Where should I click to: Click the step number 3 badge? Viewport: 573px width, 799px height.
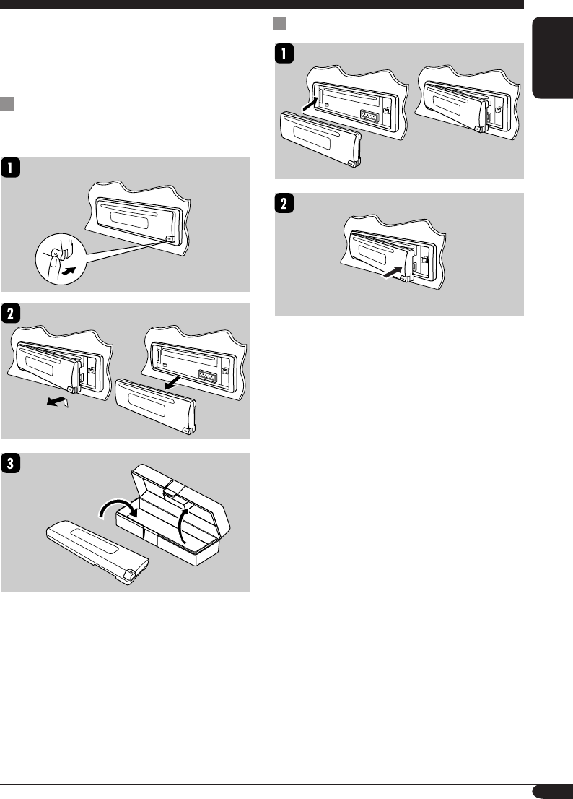[11, 464]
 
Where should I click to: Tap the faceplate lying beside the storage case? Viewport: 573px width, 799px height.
[97, 553]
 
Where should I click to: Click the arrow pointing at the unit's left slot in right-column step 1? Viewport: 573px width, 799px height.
[310, 105]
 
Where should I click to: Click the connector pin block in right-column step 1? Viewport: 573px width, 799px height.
[369, 116]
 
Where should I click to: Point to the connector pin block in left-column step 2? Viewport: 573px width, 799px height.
[207, 376]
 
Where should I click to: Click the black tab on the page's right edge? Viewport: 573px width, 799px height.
[552, 58]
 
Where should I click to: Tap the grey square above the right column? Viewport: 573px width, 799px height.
[279, 23]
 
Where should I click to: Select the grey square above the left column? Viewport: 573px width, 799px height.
[6, 103]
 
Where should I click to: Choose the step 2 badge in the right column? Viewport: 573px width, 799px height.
[284, 204]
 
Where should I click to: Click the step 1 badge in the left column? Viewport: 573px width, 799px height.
[11, 168]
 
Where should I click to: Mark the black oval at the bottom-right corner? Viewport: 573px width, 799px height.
[552, 791]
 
